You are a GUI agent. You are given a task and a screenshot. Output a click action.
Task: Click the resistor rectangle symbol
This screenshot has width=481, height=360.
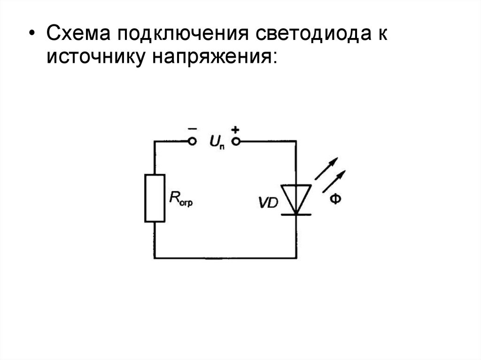tap(155, 198)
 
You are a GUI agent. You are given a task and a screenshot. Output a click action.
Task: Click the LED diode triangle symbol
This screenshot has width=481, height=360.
tap(296, 196)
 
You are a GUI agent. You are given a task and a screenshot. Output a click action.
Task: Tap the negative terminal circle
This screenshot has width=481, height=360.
tap(191, 141)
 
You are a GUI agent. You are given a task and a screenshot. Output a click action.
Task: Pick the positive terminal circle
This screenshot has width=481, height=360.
tap(237, 141)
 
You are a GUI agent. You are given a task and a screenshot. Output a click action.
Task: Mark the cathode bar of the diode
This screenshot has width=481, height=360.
tap(296, 214)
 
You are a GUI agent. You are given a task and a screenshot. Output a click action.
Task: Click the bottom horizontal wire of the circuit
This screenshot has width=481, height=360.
tap(225, 258)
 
